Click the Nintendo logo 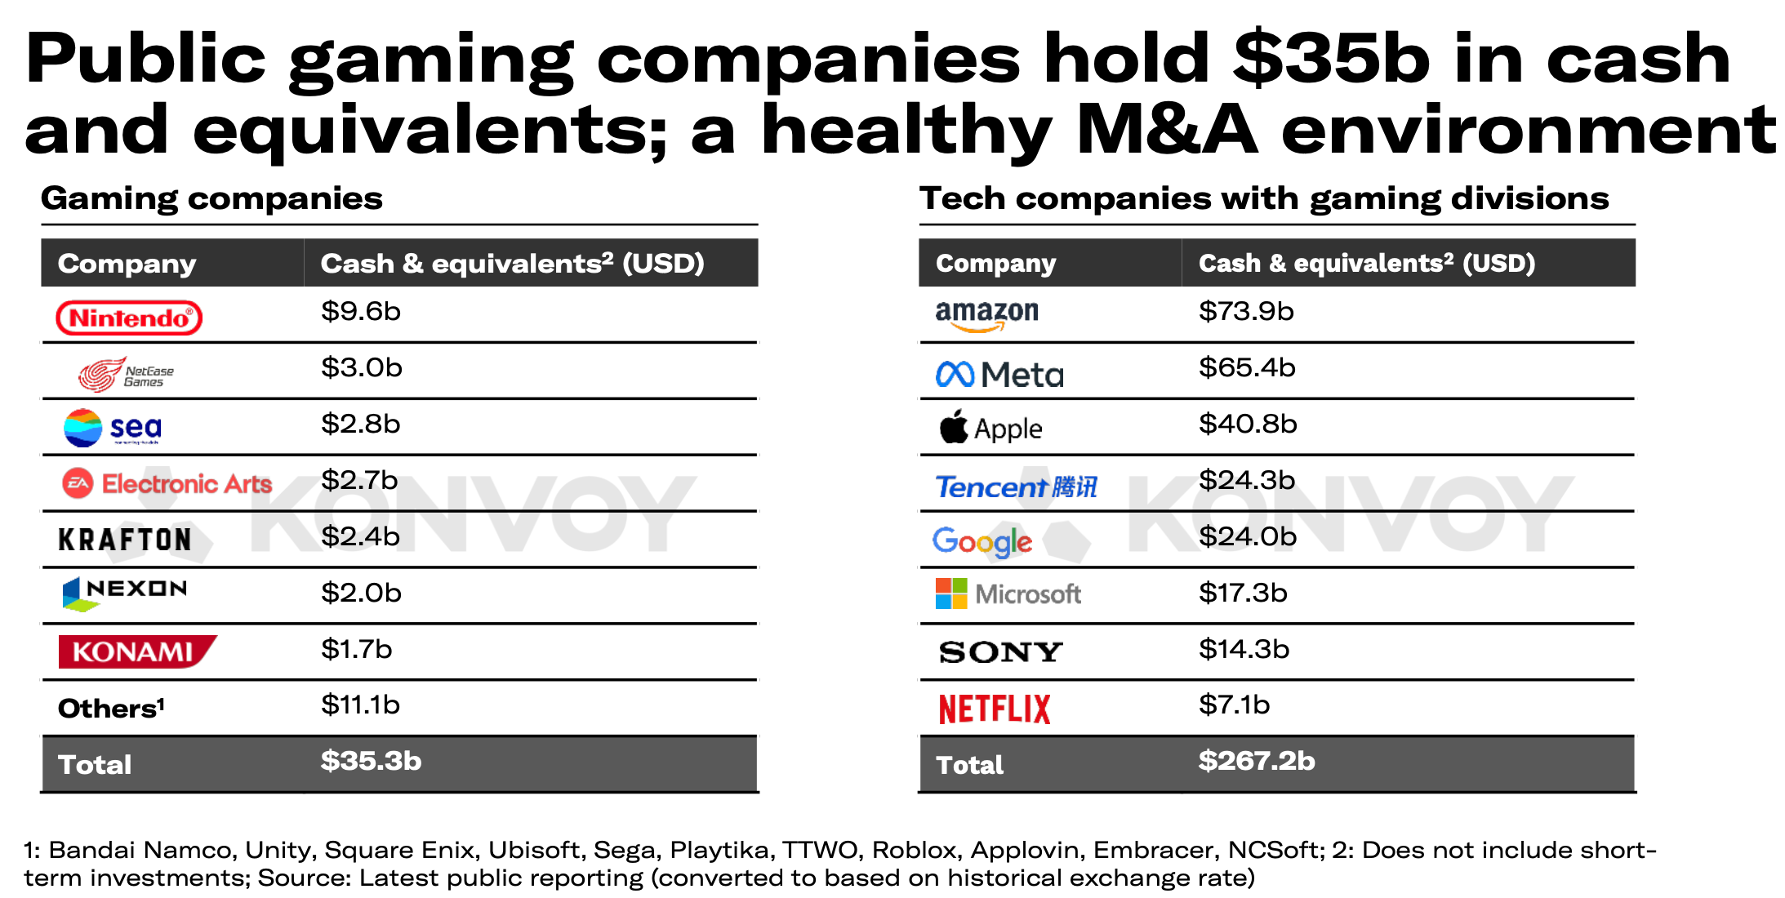[129, 318]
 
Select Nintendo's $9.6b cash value [360, 311]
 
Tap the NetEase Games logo [126, 375]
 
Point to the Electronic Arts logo [167, 483]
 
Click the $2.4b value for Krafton [360, 536]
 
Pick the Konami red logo [136, 651]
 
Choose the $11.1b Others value [360, 705]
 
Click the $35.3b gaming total [371, 761]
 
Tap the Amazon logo [986, 315]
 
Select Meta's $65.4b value [1247, 367]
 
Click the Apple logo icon [953, 426]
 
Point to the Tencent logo [1016, 487]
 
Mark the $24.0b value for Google [1247, 536]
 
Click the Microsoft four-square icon [950, 593]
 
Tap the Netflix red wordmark [994, 709]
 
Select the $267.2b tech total [1256, 761]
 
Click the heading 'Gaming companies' [211, 198]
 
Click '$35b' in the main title [1330, 59]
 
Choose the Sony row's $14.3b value [1244, 649]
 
